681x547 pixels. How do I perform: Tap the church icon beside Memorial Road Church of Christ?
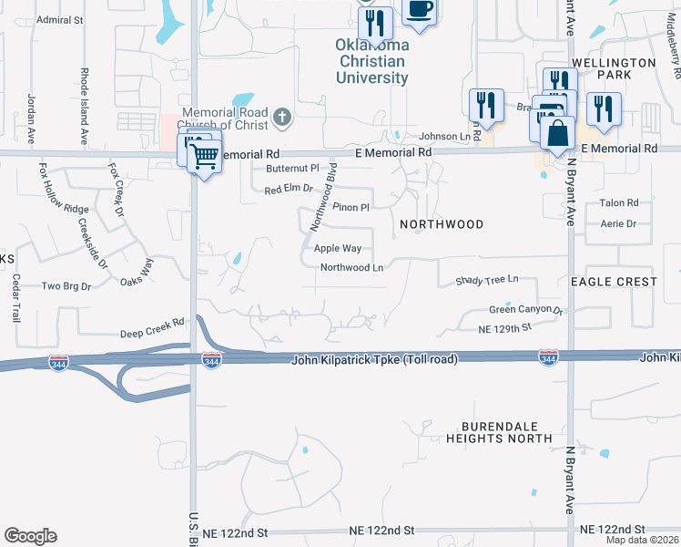pyautogui.click(x=282, y=116)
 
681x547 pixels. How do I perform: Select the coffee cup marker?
pyautogui.click(x=418, y=10)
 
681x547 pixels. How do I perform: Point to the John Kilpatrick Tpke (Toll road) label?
pyautogui.click(x=374, y=360)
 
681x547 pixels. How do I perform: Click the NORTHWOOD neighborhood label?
pyautogui.click(x=442, y=223)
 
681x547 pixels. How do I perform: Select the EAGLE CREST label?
pyautogui.click(x=614, y=282)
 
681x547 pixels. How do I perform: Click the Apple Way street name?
pyautogui.click(x=338, y=248)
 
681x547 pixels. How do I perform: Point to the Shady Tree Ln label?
pyautogui.click(x=486, y=279)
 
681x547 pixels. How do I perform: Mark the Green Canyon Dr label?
pyautogui.click(x=526, y=310)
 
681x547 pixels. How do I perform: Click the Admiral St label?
pyautogui.click(x=60, y=18)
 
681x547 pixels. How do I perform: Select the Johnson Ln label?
pyautogui.click(x=443, y=137)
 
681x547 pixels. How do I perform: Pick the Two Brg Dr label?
pyautogui.click(x=66, y=286)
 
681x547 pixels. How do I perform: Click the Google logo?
pyautogui.click(x=30, y=536)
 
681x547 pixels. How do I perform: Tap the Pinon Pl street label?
pyautogui.click(x=351, y=208)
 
